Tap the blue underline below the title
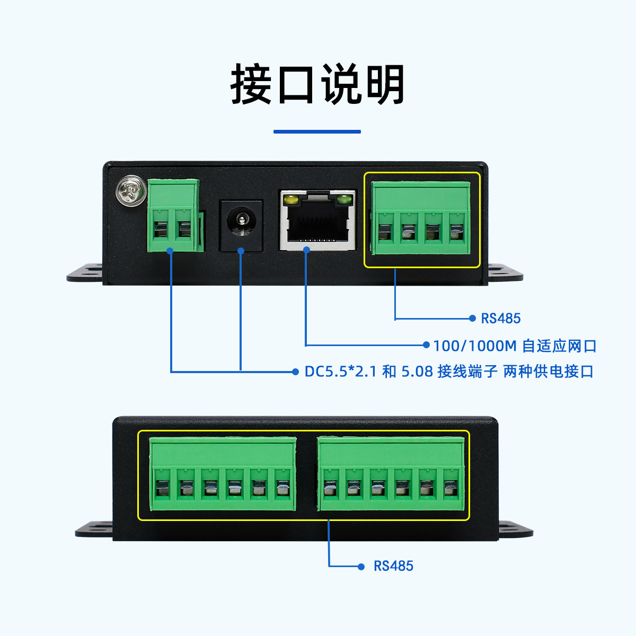[317, 131]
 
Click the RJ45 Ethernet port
[317, 220]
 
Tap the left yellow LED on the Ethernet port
[290, 200]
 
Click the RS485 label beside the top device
[500, 319]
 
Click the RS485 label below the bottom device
[393, 566]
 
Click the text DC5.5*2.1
[340, 372]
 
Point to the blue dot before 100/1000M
[426, 345]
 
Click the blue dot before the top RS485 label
[472, 318]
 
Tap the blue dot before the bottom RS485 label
[361, 567]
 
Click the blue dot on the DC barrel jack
[241, 250]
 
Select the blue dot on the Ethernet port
[306, 250]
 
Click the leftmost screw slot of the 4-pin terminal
[385, 232]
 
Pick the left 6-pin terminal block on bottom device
[222, 474]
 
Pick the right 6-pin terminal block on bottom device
[391, 474]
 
